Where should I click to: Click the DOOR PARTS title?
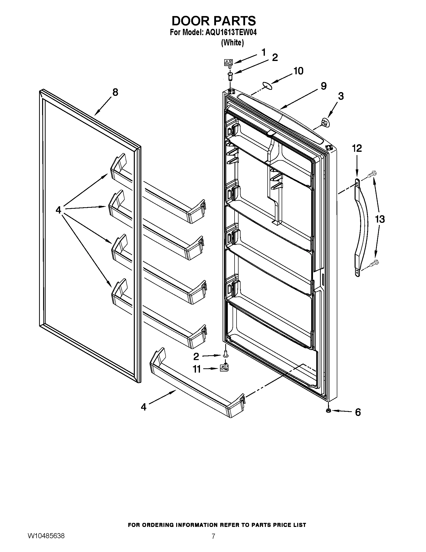click(x=214, y=21)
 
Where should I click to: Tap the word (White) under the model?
click(x=232, y=43)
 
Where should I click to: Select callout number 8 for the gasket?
click(x=115, y=93)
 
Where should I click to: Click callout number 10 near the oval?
click(x=298, y=71)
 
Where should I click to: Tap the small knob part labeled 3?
click(x=325, y=123)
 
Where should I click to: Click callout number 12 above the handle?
click(x=357, y=148)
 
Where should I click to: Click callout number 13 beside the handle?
click(x=380, y=219)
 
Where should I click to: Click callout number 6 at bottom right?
click(x=358, y=412)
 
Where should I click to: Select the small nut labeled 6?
click(x=328, y=410)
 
